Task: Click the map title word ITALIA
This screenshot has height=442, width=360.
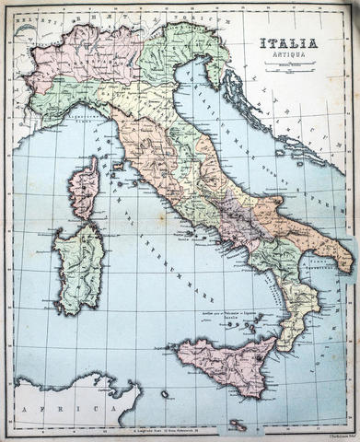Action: coord(287,42)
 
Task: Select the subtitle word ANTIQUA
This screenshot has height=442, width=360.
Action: coord(287,54)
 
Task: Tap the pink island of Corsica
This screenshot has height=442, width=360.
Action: coord(84,186)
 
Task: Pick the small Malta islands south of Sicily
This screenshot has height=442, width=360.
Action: coord(238,424)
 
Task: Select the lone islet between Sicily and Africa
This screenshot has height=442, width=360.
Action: coord(165,394)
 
